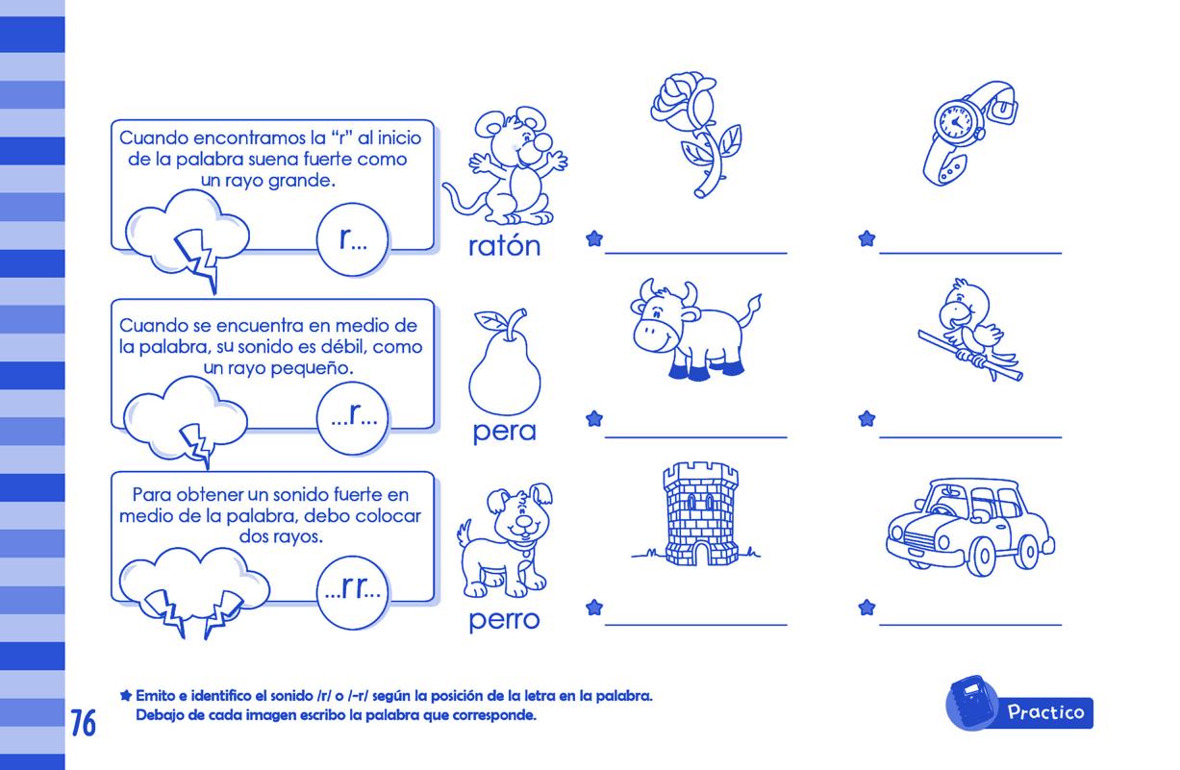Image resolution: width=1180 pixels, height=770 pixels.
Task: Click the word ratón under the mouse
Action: [505, 246]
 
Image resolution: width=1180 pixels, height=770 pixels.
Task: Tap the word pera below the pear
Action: [504, 433]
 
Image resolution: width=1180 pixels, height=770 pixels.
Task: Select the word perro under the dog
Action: [504, 620]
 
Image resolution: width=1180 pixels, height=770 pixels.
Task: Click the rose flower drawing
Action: [695, 135]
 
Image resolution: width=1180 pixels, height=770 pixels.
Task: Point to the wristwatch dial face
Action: [956, 122]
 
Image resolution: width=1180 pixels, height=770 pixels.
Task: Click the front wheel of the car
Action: [983, 556]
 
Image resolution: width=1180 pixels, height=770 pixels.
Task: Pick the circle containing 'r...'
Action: [352, 239]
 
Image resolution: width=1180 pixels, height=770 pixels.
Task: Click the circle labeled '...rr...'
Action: [352, 592]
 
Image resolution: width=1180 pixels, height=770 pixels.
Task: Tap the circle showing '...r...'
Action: [352, 418]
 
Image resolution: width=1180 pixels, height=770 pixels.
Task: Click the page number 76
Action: [84, 723]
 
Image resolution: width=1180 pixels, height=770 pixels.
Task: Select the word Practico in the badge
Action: [1045, 712]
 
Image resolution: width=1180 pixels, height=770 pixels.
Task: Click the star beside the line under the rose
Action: [594, 238]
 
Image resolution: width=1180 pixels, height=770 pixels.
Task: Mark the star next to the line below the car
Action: [866, 608]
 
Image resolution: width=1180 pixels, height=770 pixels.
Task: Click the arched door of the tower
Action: [701, 554]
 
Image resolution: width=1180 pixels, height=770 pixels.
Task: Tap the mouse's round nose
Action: [542, 141]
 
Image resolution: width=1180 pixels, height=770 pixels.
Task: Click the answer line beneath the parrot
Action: [970, 437]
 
